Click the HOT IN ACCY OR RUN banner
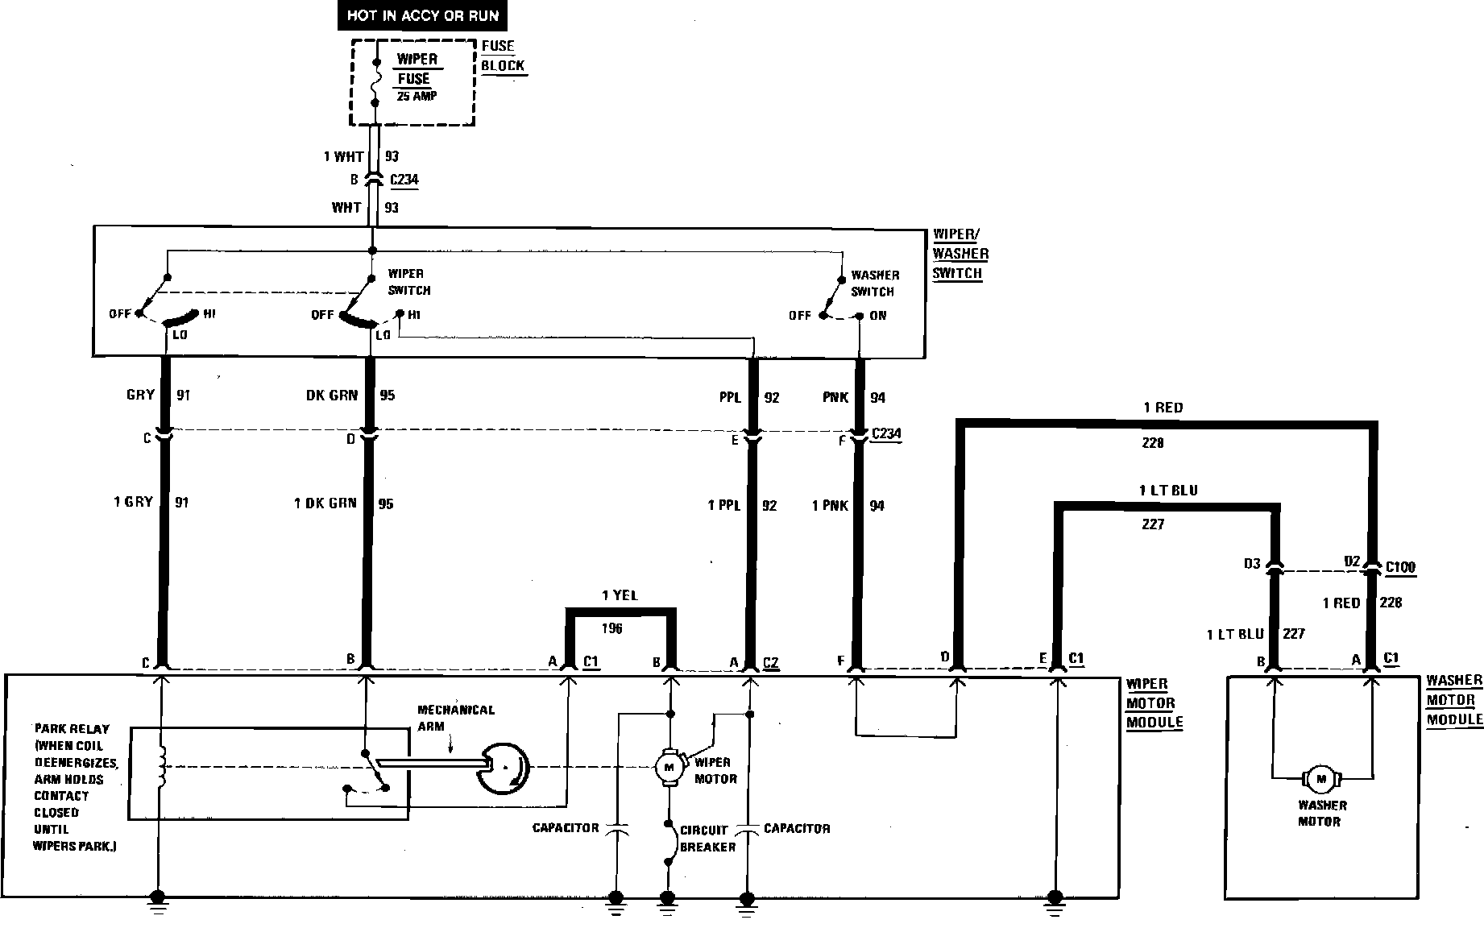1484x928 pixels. click(x=422, y=15)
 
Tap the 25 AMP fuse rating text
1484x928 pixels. click(x=417, y=96)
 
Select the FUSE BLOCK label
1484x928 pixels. click(x=503, y=56)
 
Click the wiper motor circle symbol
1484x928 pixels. click(x=668, y=767)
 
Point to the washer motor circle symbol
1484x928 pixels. click(x=1320, y=779)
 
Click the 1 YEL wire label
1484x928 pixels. click(x=620, y=595)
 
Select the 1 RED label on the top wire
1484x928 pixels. click(x=1163, y=408)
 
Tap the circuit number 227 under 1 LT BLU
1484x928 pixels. click(x=1153, y=524)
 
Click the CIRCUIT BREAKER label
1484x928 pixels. click(x=707, y=838)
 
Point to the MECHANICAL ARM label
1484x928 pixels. click(x=455, y=717)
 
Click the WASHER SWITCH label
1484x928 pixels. click(x=874, y=283)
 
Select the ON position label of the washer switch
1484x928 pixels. click(x=878, y=316)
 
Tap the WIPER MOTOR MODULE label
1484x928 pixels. click(x=1154, y=702)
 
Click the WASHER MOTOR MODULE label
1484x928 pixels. click(x=1453, y=700)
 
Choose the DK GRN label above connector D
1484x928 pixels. click(x=332, y=396)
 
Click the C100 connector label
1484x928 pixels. click(x=1400, y=567)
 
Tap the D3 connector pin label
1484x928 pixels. click(x=1251, y=564)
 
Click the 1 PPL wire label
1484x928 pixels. click(x=724, y=505)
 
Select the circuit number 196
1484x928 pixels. click(x=612, y=628)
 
